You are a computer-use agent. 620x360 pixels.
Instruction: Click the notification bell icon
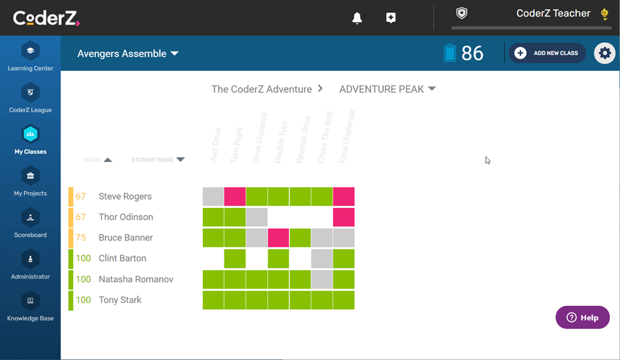[357, 18]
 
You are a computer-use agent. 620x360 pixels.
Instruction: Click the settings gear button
[605, 53]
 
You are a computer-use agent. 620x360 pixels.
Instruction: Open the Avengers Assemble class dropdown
[128, 53]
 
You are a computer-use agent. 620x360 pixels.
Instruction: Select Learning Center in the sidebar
[31, 57]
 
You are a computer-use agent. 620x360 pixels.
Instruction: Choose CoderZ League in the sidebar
[31, 98]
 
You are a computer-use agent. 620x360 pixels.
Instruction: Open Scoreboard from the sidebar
[31, 223]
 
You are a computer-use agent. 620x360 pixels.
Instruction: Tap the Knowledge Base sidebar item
[31, 307]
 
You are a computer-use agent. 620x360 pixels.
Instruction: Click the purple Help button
[582, 317]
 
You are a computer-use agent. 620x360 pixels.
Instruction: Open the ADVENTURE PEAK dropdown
[387, 89]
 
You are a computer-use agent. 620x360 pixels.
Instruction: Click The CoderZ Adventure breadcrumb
[261, 89]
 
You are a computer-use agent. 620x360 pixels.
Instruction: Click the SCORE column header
[97, 160]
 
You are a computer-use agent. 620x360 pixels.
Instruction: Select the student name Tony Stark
[120, 300]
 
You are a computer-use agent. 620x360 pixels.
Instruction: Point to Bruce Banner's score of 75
[81, 238]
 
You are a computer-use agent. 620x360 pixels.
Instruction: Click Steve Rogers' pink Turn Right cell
[235, 197]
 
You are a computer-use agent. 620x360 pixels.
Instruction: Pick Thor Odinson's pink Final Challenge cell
[343, 217]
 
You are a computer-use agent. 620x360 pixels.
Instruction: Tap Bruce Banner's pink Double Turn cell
[279, 238]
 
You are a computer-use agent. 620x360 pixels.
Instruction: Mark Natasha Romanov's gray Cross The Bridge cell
[322, 279]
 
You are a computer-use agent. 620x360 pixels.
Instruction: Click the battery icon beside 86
[450, 53]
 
